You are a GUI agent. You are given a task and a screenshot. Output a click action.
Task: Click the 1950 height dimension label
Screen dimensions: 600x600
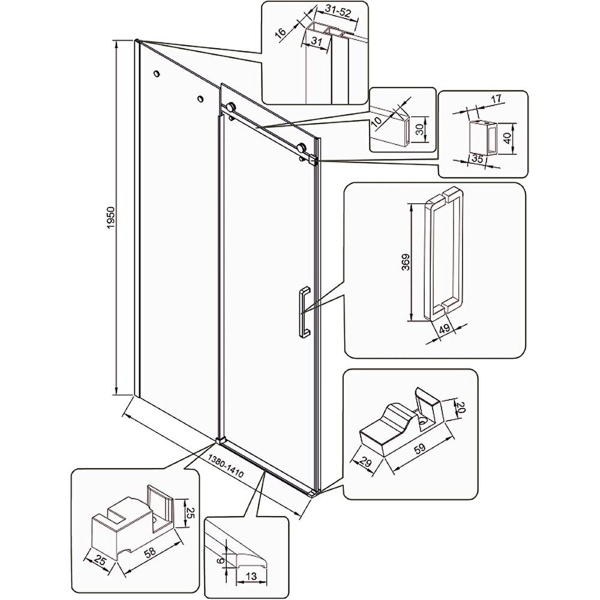pyautogui.click(x=110, y=218)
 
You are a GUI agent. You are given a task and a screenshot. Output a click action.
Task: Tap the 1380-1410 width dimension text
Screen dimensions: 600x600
pyautogui.click(x=226, y=466)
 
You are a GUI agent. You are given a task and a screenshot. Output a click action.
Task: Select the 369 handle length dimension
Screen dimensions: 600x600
pyautogui.click(x=406, y=263)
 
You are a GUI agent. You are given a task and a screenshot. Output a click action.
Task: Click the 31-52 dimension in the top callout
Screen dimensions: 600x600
pyautogui.click(x=338, y=13)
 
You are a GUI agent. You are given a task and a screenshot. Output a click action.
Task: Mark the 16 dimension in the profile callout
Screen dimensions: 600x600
pyautogui.click(x=280, y=32)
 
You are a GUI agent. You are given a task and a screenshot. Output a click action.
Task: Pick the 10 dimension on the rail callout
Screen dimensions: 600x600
pyautogui.click(x=377, y=122)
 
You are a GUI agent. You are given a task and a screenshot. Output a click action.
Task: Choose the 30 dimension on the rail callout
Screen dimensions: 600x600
pyautogui.click(x=420, y=130)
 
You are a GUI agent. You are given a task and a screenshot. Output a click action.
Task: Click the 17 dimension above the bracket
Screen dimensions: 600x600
pyautogui.click(x=496, y=98)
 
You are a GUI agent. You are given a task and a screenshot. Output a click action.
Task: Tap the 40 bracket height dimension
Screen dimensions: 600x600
pyautogui.click(x=508, y=138)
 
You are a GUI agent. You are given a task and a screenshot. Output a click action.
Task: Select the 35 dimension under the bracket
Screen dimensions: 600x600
pyautogui.click(x=477, y=158)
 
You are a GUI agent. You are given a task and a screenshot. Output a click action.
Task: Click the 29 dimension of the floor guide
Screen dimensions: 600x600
pyautogui.click(x=366, y=463)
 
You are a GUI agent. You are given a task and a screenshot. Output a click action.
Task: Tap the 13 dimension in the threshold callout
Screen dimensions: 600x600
pyautogui.click(x=251, y=575)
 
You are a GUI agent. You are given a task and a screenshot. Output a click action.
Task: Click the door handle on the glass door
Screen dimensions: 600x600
pyautogui.click(x=304, y=312)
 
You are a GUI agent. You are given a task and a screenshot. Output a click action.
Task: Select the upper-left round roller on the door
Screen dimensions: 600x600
pyautogui.click(x=231, y=107)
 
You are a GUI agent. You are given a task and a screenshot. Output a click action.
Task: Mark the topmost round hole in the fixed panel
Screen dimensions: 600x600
pyautogui.click(x=157, y=73)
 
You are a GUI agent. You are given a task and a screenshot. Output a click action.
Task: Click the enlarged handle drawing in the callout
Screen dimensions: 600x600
pyautogui.click(x=443, y=254)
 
